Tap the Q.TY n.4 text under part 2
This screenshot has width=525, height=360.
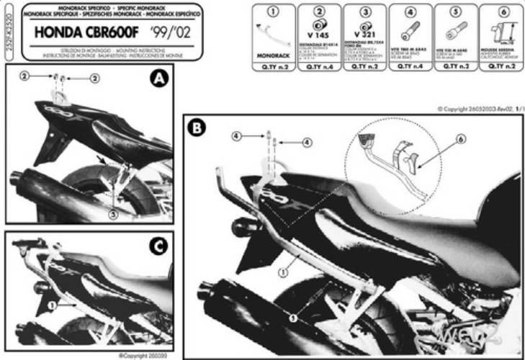[x=318, y=66]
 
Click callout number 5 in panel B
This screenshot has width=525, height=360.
[x=291, y=315]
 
